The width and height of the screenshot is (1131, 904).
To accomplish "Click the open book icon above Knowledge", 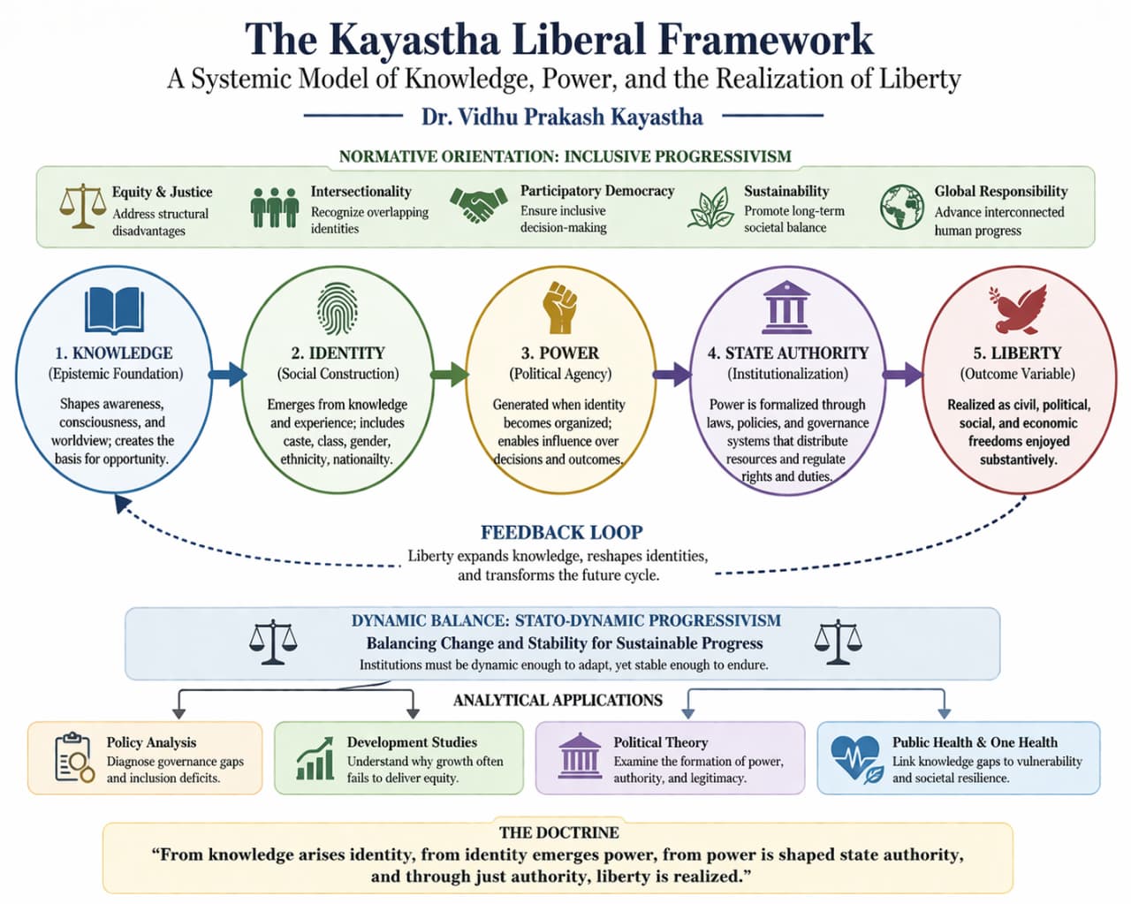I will point(114,310).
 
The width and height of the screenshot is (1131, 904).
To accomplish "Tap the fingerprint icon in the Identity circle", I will point(338,308).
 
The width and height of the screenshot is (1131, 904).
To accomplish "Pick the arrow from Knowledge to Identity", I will point(227,374).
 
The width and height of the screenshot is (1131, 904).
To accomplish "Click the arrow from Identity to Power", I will point(450,374).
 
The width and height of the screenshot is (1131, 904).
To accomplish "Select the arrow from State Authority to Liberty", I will point(901,374).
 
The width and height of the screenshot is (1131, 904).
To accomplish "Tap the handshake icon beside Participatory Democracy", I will point(478,205).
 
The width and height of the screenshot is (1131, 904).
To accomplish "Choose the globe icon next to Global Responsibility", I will point(901,207).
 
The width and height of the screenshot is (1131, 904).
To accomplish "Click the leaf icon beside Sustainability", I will point(710,209).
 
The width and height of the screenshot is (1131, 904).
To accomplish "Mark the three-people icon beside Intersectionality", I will point(274,208).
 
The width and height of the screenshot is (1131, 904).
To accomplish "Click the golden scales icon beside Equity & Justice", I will point(81,206).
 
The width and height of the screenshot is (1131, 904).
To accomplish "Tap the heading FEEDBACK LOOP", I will point(561,532).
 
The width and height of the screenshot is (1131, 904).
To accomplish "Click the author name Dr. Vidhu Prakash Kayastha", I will point(562,117).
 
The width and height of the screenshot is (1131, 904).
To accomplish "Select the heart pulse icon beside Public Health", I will point(854,758).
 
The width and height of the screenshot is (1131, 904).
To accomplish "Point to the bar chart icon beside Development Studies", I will point(315,759).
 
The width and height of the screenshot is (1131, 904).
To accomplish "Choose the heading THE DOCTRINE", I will point(558,832).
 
